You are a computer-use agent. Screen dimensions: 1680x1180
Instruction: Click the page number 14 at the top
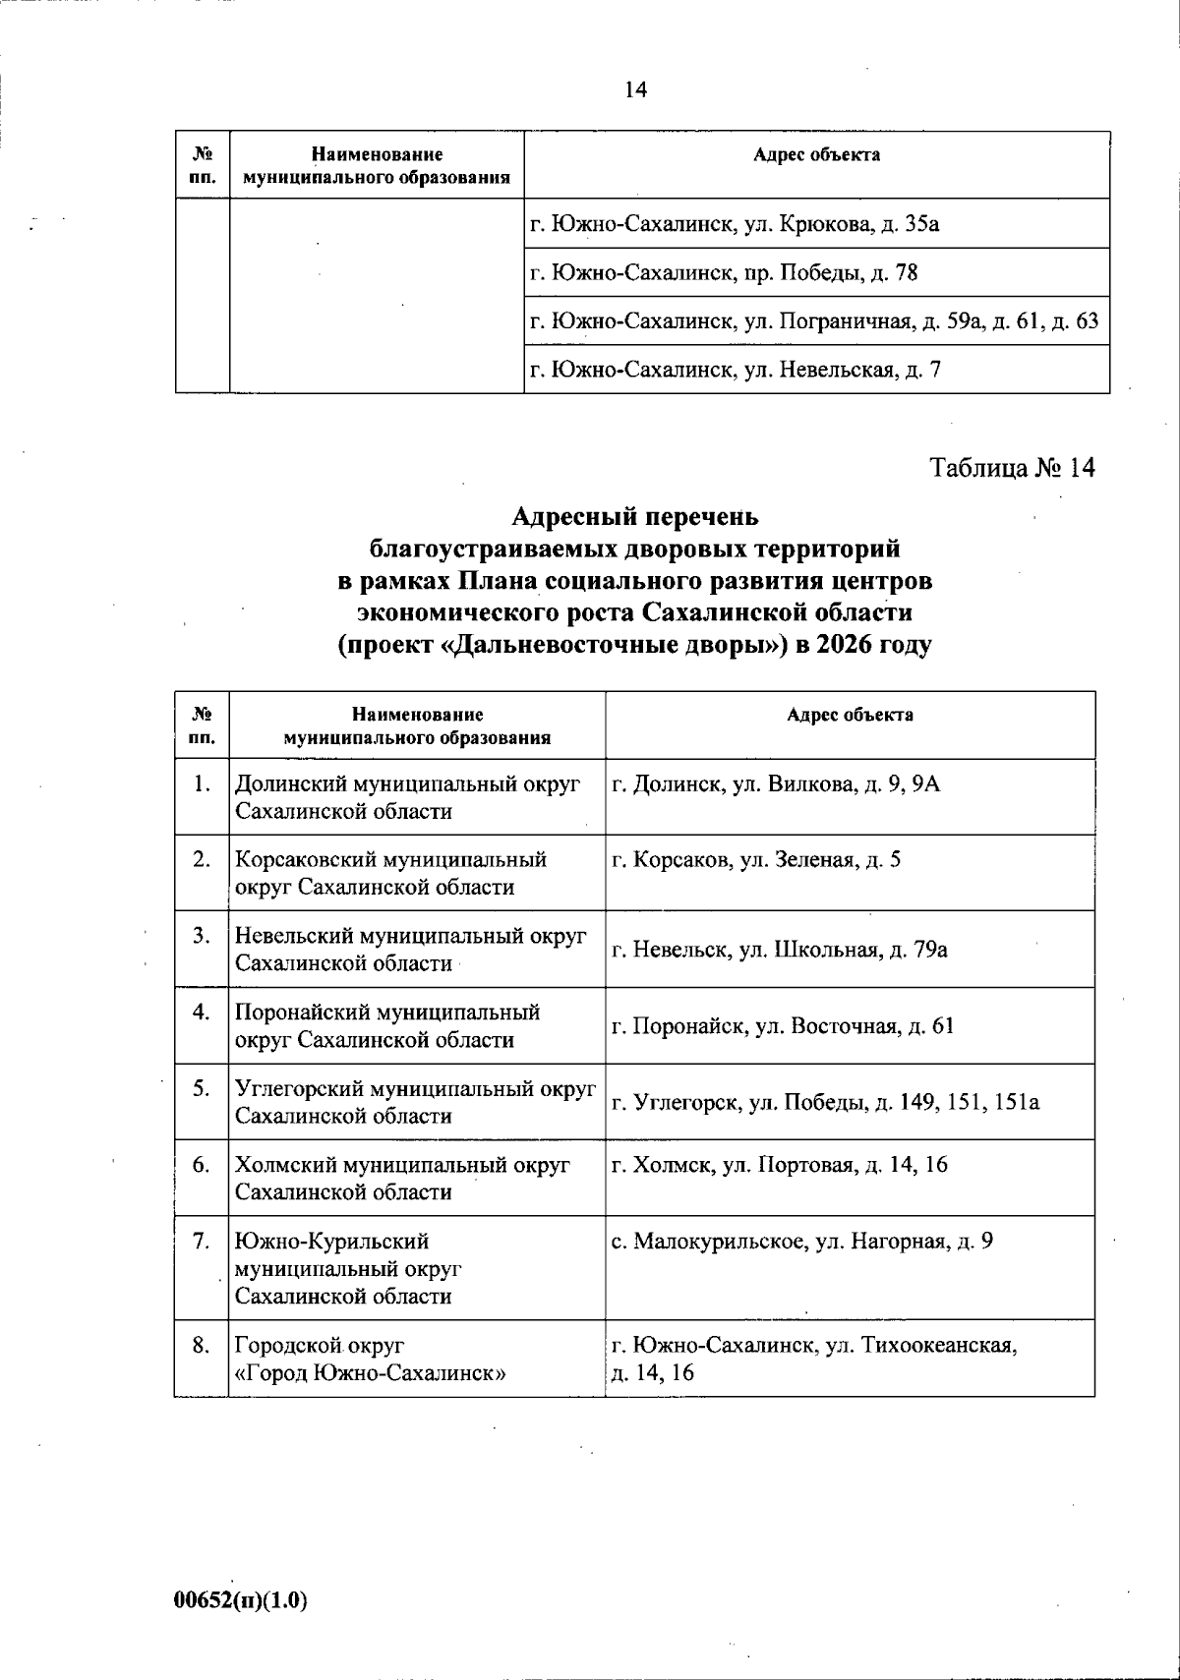[x=635, y=89]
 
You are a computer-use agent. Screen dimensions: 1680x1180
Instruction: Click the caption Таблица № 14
[x=1012, y=467]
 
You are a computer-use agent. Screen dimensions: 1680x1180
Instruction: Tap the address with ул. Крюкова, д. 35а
[x=735, y=224]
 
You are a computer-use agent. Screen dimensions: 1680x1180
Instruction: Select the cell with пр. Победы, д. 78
[x=724, y=272]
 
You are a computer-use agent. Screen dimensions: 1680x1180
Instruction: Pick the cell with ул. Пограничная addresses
[x=814, y=320]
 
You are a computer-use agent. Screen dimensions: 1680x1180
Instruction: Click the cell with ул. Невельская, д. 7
[x=736, y=370]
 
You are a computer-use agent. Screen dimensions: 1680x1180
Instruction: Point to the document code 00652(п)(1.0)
[x=241, y=1599]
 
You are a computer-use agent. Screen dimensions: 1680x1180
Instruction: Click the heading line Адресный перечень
[x=635, y=516]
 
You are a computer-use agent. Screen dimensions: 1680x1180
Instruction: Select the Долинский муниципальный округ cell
[x=407, y=797]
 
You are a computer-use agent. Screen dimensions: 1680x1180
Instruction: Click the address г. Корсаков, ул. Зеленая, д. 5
[x=756, y=860]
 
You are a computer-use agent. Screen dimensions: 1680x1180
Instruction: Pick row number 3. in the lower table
[x=202, y=936]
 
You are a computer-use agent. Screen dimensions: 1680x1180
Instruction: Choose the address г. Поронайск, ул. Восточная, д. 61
[x=783, y=1026]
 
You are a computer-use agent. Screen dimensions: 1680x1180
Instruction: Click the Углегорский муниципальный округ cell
[x=415, y=1102]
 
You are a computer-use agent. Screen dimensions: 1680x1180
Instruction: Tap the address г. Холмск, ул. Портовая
[x=780, y=1165]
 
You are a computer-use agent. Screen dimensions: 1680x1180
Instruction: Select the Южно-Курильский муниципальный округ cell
[x=348, y=1268]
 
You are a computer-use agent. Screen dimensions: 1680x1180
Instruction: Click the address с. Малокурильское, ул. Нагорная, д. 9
[x=801, y=1242]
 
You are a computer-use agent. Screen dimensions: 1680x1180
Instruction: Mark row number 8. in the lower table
[x=202, y=1345]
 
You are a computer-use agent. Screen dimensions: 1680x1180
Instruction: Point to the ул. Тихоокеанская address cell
[x=814, y=1358]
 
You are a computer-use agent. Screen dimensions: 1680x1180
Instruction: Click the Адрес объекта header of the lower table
[x=850, y=716]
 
